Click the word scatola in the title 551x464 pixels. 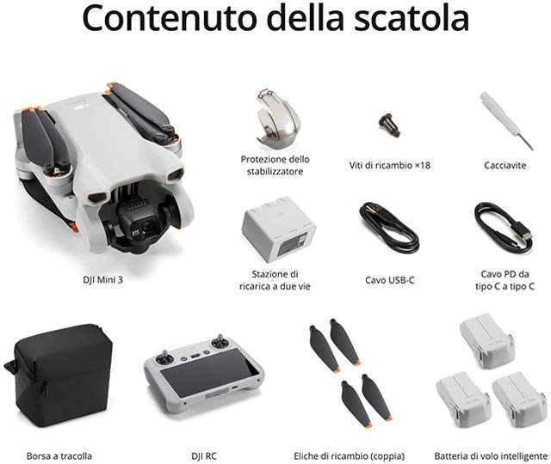(412, 18)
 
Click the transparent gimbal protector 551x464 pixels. (278, 119)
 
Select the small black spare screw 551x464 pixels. (389, 125)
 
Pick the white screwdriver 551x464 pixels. (506, 120)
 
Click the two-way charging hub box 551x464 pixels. (278, 229)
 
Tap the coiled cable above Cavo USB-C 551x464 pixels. (388, 227)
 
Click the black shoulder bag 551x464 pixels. (60, 375)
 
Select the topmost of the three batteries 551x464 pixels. (486, 339)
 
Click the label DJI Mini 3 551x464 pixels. (103, 280)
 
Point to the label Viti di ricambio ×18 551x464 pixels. (390, 165)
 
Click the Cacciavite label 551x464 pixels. (505, 166)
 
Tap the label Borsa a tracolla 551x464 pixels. (59, 456)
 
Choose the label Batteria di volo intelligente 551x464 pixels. (491, 456)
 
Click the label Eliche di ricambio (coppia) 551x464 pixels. (349, 456)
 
